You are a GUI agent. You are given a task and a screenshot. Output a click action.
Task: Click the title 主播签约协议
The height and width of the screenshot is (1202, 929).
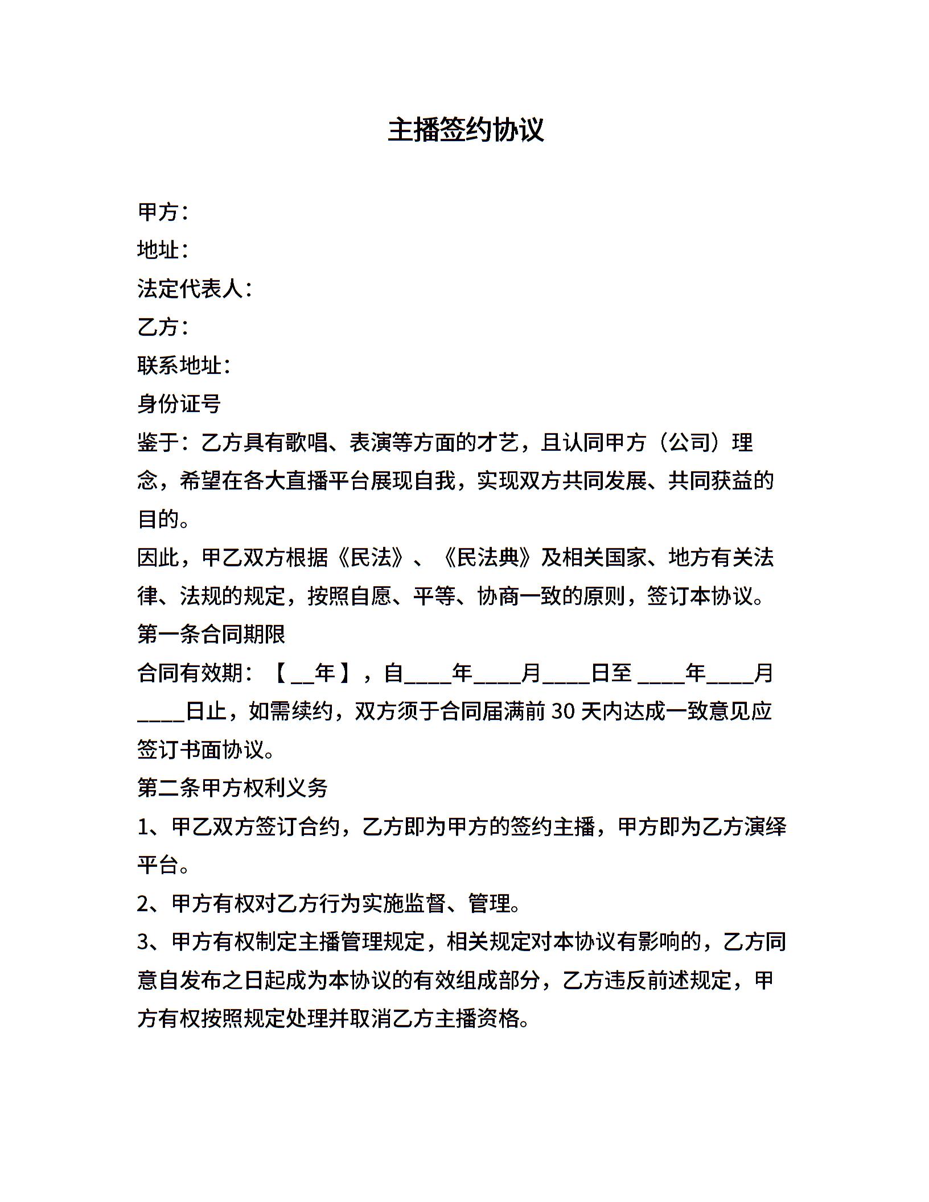tap(465, 130)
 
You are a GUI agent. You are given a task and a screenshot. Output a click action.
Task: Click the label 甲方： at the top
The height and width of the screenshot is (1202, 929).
tap(162, 212)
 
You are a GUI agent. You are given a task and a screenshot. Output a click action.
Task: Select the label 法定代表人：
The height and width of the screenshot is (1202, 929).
tap(194, 289)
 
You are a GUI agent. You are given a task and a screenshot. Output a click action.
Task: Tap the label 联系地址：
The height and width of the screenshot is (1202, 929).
tap(183, 365)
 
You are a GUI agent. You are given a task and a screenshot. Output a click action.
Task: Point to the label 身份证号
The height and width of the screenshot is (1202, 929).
tap(179, 404)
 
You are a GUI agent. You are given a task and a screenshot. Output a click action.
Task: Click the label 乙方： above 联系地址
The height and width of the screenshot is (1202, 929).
tap(162, 327)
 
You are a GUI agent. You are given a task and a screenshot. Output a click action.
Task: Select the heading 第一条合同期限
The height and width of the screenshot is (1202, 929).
tap(211, 634)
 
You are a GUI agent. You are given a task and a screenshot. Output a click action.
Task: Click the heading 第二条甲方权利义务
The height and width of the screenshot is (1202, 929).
tap(232, 788)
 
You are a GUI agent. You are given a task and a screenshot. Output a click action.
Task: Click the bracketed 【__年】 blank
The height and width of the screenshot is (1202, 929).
tap(313, 673)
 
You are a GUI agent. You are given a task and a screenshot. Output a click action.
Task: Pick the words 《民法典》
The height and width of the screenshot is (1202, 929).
tap(488, 558)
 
